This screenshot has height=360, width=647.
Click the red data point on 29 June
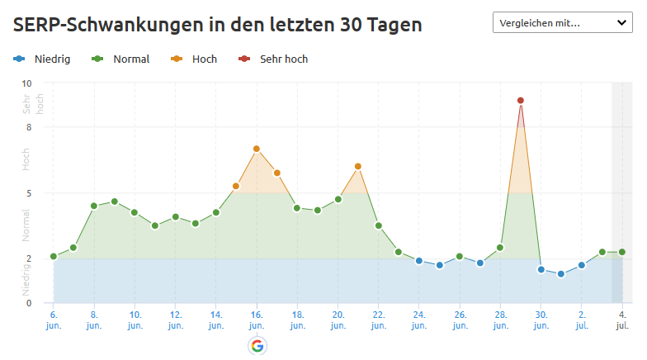point(521,101)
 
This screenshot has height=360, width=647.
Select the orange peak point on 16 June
point(257,149)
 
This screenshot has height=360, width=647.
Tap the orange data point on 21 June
point(358,167)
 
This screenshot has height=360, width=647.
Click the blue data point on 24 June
point(419,261)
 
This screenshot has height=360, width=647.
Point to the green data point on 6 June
point(54,257)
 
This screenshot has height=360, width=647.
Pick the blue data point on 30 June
point(541,269)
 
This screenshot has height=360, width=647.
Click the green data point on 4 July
point(622,252)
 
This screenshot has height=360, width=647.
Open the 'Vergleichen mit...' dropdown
point(562,23)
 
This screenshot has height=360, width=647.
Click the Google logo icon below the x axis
point(257,346)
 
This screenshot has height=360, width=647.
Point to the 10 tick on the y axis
point(26,83)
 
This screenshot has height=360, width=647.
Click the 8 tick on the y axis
point(28,127)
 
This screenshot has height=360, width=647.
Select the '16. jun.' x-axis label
point(257,320)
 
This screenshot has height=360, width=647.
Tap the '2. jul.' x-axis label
point(582,320)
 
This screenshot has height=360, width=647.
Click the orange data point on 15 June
point(236,186)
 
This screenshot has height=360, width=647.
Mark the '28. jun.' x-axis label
point(500,320)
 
